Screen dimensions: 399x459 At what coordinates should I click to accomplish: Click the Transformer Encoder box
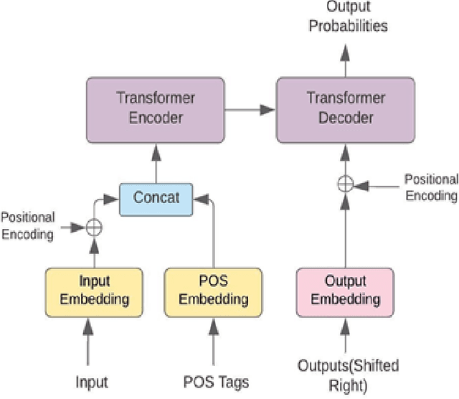(x=156, y=109)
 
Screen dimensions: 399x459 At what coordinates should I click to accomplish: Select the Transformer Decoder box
(x=346, y=109)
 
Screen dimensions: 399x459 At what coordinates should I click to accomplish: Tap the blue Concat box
(x=156, y=198)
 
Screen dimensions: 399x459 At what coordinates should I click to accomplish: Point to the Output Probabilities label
(x=347, y=18)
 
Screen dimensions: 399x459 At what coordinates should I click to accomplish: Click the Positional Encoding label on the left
(x=27, y=225)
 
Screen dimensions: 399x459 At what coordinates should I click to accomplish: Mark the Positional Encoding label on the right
(x=430, y=187)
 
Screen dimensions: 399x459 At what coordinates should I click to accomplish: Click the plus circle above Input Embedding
(x=93, y=227)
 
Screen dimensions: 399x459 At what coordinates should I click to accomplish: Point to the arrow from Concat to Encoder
(x=156, y=162)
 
